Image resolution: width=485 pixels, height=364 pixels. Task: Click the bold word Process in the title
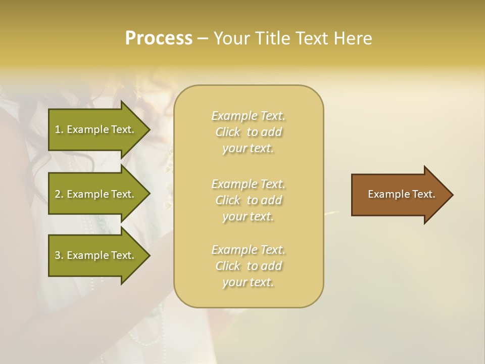(159, 38)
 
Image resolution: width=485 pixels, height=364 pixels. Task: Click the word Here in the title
(353, 38)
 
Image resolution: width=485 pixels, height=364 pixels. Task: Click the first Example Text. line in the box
(248, 116)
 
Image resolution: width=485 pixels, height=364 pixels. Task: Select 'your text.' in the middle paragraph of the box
(248, 216)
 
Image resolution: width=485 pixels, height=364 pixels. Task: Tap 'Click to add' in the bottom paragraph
(248, 266)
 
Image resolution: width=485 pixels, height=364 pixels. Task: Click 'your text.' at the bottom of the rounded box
(248, 282)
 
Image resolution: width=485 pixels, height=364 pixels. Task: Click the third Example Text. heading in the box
(248, 250)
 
